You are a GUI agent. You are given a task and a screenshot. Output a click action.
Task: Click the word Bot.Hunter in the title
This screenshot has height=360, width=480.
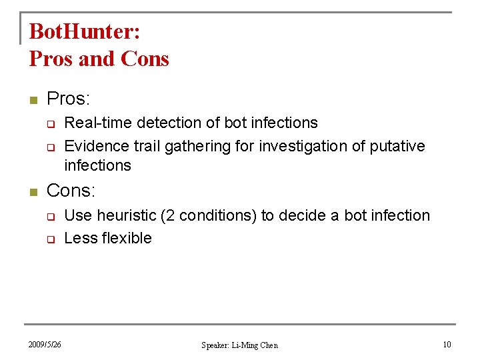(84, 32)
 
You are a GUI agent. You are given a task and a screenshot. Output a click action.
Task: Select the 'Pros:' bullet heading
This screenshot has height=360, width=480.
(68, 99)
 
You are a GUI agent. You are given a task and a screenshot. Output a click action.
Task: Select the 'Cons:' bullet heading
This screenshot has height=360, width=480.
(71, 191)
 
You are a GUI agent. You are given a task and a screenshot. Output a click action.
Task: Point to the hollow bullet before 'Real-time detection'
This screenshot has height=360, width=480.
(49, 124)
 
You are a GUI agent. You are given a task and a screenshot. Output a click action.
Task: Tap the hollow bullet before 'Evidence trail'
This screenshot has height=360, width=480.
(49, 147)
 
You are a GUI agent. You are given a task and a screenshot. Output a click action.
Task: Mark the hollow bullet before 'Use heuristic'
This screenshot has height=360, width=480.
(49, 217)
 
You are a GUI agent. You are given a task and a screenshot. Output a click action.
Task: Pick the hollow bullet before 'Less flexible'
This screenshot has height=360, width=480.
(49, 239)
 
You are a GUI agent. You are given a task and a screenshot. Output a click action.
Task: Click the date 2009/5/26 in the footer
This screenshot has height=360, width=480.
(45, 345)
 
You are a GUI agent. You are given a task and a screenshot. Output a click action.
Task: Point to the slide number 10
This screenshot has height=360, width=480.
(447, 345)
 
